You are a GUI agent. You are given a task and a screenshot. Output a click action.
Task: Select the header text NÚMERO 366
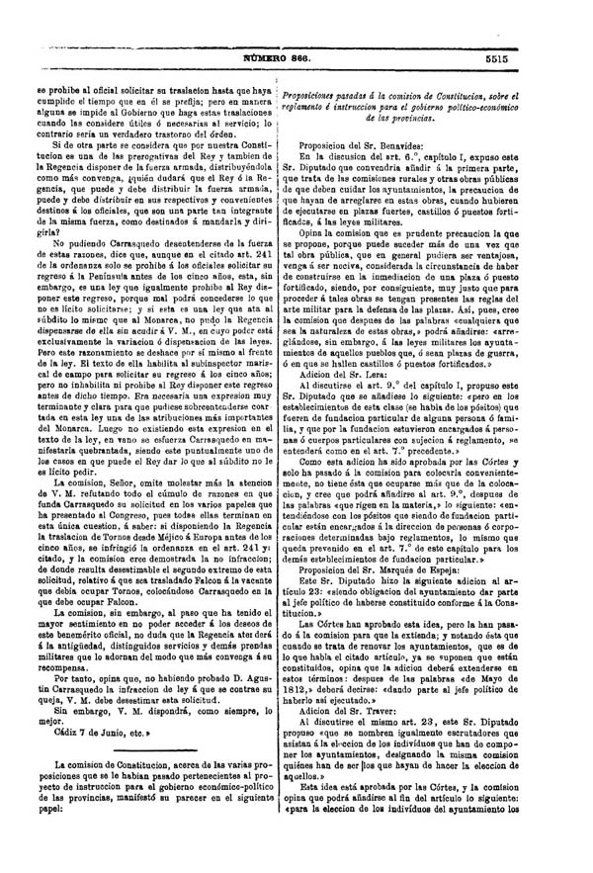[x=295, y=59]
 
